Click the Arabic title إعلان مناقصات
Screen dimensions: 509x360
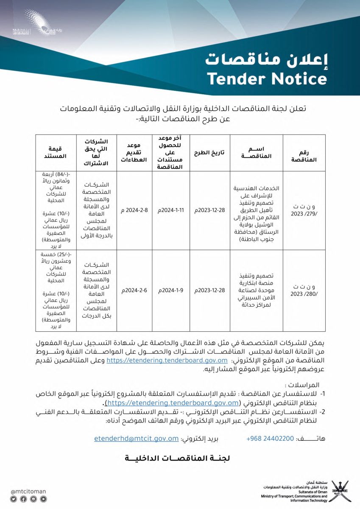[266, 59]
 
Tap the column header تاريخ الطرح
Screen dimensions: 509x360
[209, 153]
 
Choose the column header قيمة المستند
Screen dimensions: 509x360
[55, 153]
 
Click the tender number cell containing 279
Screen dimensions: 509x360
[304, 211]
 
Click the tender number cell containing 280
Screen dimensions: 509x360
[304, 291]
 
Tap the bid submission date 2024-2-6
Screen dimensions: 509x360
[131, 291]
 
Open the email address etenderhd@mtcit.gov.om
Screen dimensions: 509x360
[136, 439]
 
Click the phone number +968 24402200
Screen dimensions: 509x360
[270, 439]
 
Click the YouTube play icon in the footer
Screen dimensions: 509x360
[43, 499]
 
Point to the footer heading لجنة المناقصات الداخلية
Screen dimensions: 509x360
[177, 459]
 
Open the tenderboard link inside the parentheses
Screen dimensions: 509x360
[173, 403]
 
